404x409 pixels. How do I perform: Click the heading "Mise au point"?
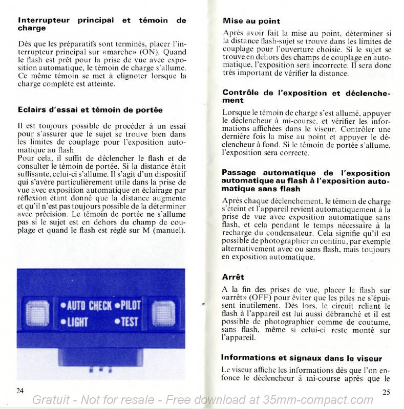tap(251, 21)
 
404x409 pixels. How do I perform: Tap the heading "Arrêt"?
tap(233, 277)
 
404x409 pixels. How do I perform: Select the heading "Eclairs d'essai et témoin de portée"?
tap(90, 109)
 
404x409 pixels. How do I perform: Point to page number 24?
tap(20, 391)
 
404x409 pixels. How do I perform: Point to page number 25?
tap(387, 392)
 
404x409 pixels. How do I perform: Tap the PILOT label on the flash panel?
tap(131, 305)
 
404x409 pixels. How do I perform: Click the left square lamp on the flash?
tap(37, 313)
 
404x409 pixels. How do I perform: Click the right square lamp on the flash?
tap(163, 313)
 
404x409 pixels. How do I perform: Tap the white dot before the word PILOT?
tap(117, 306)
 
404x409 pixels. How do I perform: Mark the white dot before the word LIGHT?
tap(63, 322)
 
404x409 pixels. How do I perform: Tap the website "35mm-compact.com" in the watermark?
tap(318, 400)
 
